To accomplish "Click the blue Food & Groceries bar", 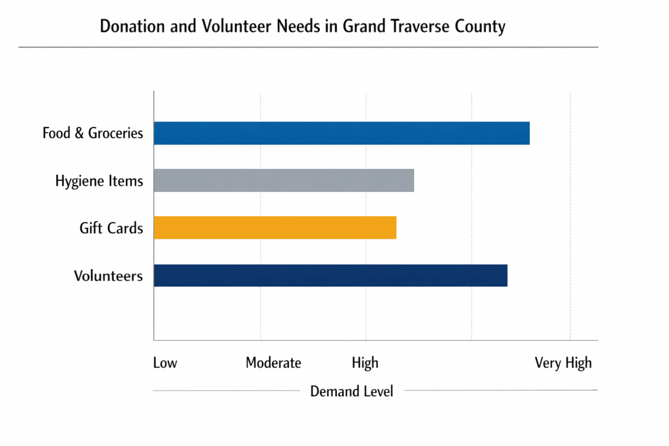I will click(341, 133).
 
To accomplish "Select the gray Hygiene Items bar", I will click(284, 180).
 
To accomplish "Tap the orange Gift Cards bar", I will click(275, 227).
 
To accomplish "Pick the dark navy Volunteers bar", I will click(330, 275).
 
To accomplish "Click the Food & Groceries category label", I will click(92, 133).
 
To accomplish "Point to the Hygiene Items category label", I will click(99, 181).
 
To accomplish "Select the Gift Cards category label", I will click(111, 228).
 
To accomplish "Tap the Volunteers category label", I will click(108, 276).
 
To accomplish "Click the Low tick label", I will click(165, 362).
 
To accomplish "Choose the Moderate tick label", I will click(273, 362).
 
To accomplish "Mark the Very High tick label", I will click(563, 362).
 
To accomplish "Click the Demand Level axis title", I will click(351, 391).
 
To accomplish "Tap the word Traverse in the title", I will click(420, 26).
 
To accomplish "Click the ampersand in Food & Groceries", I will click(79, 133).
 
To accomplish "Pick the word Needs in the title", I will click(298, 26).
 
